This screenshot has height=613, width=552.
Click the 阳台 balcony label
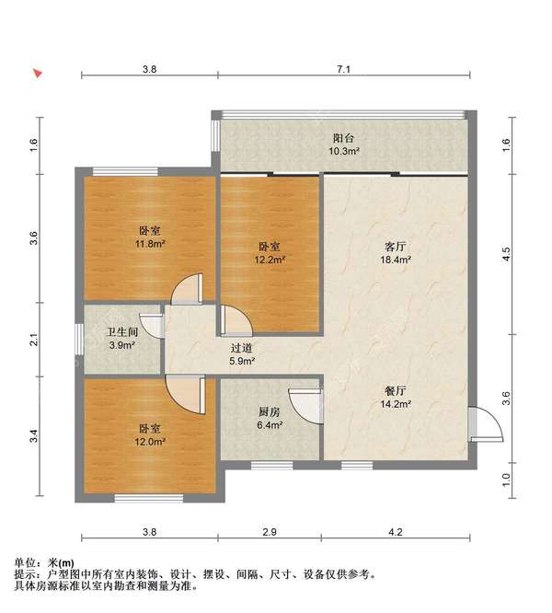pos(345,138)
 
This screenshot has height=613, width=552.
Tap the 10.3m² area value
pos(345,150)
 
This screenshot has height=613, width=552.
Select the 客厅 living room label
pos(396,247)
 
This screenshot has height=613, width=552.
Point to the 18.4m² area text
pos(396,260)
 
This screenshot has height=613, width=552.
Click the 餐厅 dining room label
pos(396,389)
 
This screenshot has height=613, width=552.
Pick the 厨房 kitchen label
pos(269,412)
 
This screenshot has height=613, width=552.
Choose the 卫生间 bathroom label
pos(121,333)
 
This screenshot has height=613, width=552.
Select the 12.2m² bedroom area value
pos(270,260)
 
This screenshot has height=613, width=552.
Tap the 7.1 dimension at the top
pos(344,69)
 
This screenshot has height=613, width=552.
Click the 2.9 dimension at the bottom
pos(270,532)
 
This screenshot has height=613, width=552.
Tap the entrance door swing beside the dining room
pos(485,425)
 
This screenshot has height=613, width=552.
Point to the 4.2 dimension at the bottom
pos(397,532)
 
